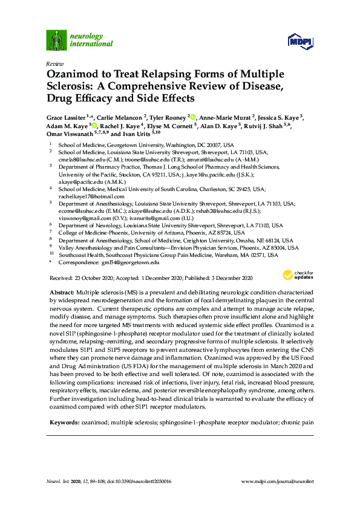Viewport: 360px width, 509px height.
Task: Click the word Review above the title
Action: [54, 63]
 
